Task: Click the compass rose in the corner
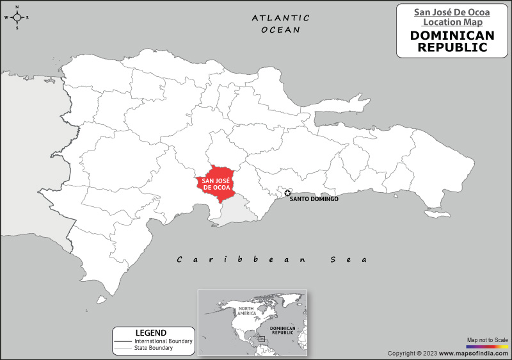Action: point(17,17)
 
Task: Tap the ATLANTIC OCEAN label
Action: point(280,24)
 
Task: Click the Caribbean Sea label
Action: point(272,259)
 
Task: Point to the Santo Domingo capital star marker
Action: point(287,193)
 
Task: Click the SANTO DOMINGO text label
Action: point(314,200)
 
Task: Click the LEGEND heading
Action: point(151,333)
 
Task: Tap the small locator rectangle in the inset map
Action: point(262,338)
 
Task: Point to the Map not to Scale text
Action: point(488,340)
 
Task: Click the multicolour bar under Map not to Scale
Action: point(488,347)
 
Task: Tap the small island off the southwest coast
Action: point(100,299)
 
